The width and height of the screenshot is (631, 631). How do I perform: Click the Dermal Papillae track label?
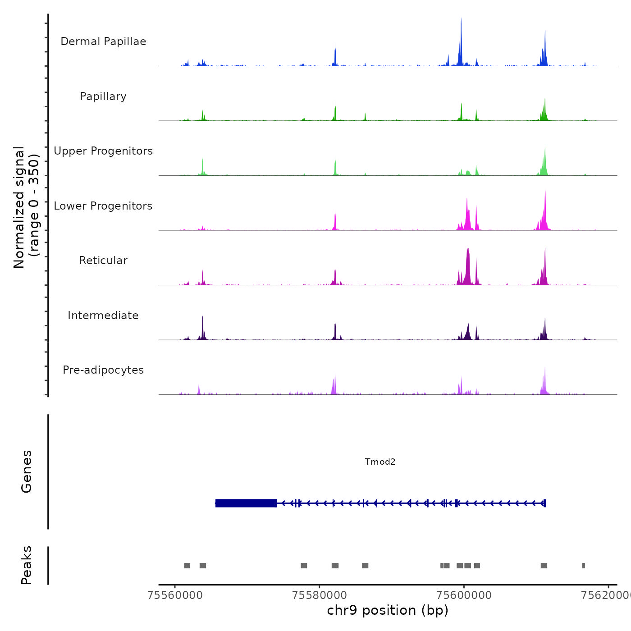click(103, 41)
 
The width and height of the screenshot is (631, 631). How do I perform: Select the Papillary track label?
click(103, 96)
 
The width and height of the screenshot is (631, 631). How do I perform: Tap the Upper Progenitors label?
click(103, 151)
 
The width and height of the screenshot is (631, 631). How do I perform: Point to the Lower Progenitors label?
click(103, 206)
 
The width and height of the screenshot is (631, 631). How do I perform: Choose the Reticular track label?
click(103, 261)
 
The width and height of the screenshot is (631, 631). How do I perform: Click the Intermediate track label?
click(103, 315)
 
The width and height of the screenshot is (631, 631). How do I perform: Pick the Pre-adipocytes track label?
click(103, 370)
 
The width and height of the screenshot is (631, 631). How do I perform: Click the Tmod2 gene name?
click(380, 462)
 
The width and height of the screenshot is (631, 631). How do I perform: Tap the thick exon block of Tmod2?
click(246, 503)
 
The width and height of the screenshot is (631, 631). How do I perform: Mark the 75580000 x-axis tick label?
click(320, 595)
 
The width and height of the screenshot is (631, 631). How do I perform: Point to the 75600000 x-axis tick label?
click(464, 595)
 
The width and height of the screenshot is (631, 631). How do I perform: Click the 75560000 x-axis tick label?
click(175, 595)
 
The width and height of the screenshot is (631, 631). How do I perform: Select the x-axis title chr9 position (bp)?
click(388, 610)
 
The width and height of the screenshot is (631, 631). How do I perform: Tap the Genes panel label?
click(27, 471)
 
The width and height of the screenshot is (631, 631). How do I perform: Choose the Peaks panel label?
click(27, 565)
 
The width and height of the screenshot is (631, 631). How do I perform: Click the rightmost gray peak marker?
click(584, 566)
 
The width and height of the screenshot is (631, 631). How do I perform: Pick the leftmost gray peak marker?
click(187, 566)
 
